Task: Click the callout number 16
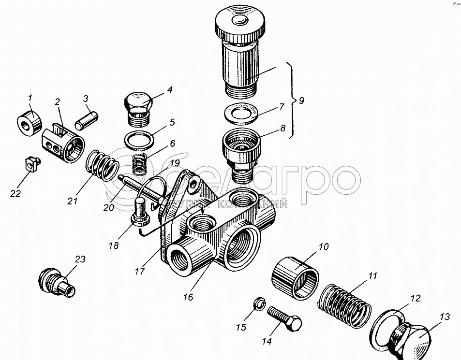pos(188,297)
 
